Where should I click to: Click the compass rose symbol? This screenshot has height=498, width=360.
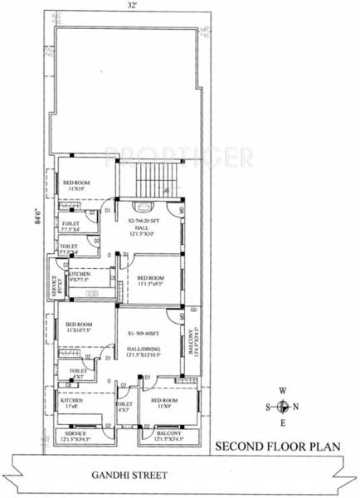click(283, 407)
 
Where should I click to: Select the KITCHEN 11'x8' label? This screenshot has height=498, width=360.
click(71, 404)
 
